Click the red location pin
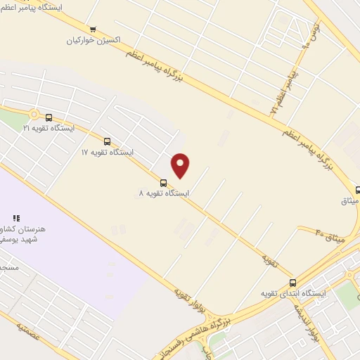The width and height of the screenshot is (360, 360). coord(181,165)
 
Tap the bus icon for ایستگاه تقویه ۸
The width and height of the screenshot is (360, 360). coord(163,183)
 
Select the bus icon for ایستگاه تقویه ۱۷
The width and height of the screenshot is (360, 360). coord(107,142)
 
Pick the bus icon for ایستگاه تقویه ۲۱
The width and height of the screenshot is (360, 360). coord(49,118)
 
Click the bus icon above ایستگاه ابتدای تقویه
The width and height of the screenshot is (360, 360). coord(292,283)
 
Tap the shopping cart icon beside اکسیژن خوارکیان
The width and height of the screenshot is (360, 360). coord(93,30)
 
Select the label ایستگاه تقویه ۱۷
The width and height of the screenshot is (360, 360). coord(107,152)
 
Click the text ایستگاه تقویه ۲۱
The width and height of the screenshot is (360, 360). coord(48,129)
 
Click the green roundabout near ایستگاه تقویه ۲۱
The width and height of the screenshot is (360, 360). coord(33,115)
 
